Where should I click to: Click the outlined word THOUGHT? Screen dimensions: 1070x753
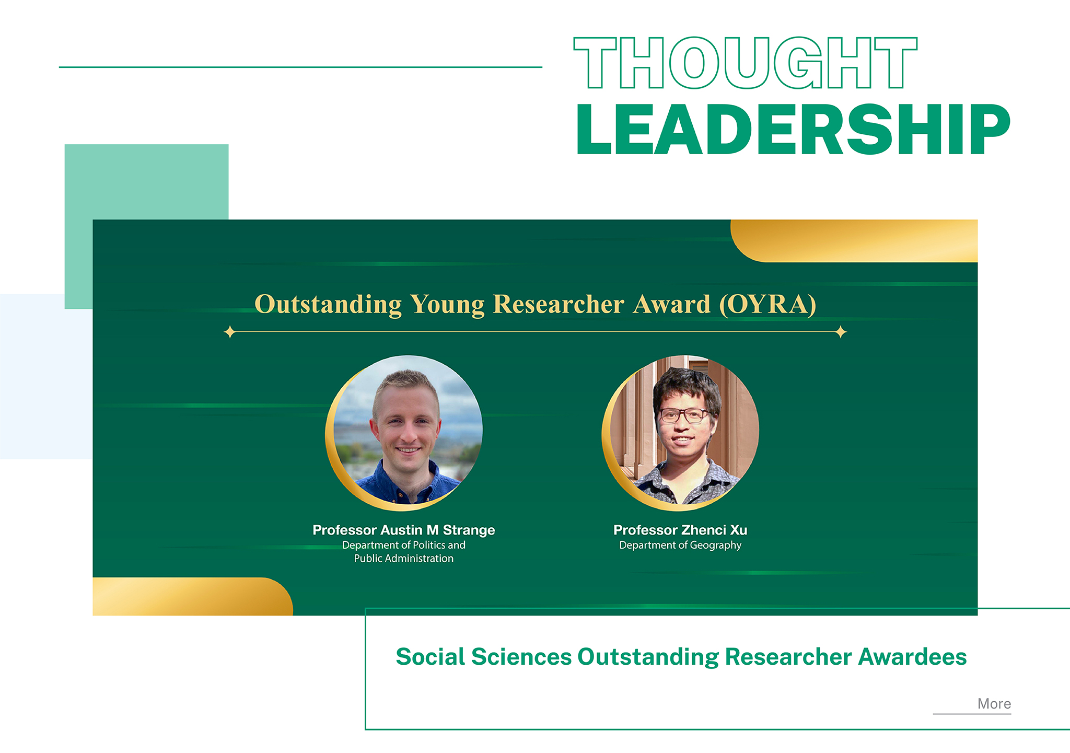point(746,63)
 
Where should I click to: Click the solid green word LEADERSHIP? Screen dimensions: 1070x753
point(794,130)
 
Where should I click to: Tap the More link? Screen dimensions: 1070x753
point(994,704)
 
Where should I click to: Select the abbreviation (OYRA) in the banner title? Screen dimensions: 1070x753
point(767,304)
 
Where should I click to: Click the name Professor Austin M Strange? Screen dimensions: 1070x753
point(404,530)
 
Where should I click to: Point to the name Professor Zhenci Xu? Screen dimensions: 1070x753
point(680,530)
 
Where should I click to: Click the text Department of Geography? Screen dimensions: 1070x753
point(680,545)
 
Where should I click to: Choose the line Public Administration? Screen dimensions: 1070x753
point(404,558)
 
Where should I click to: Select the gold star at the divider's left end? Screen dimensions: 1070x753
point(230,332)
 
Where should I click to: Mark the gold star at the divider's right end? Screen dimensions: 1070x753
point(841,332)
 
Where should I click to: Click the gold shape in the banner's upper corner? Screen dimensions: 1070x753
point(854,241)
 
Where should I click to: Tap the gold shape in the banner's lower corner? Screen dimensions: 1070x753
point(192,596)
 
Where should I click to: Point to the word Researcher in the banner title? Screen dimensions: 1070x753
point(559,304)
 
